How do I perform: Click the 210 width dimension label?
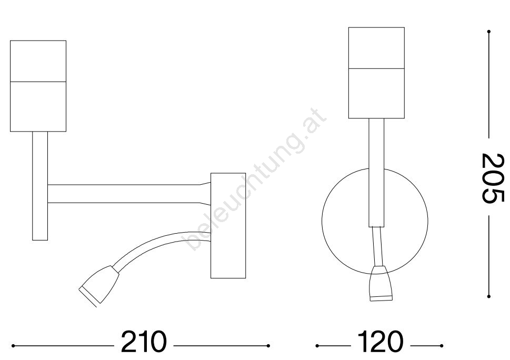(x=144, y=342)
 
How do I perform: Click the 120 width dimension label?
(x=380, y=342)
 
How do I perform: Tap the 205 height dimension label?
(x=493, y=178)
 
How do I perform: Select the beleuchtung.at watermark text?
(x=256, y=180)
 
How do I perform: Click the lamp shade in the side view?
(x=38, y=86)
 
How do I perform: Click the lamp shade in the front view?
(x=376, y=73)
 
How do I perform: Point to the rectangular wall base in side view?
(x=228, y=226)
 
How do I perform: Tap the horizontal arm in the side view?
(x=129, y=194)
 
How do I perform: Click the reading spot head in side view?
(x=99, y=286)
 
